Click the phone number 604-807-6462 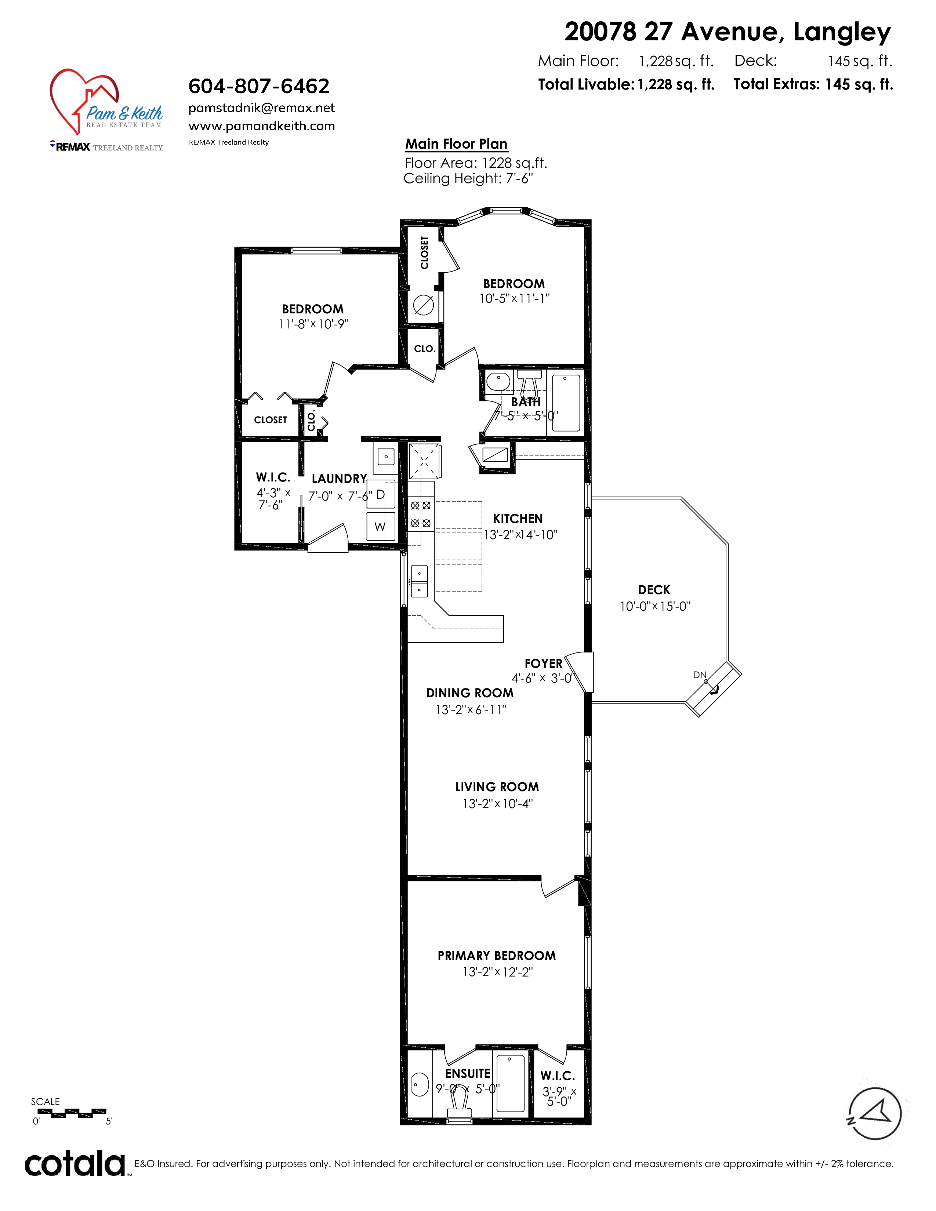pyautogui.click(x=259, y=87)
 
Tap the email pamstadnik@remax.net pyautogui.click(x=262, y=108)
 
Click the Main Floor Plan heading pyautogui.click(x=456, y=144)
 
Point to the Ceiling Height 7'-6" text pyautogui.click(x=469, y=179)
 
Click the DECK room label pyautogui.click(x=654, y=590)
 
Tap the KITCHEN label pyautogui.click(x=518, y=519)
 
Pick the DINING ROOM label pyautogui.click(x=470, y=693)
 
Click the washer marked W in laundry pyautogui.click(x=381, y=526)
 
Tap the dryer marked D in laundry pyautogui.click(x=381, y=495)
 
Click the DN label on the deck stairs pyautogui.click(x=699, y=675)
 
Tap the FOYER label pyautogui.click(x=543, y=664)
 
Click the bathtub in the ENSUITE pyautogui.click(x=510, y=1084)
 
